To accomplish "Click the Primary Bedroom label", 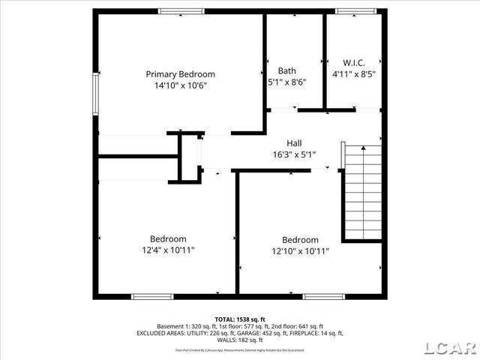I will point(180,74).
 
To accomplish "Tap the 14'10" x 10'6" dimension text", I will point(180,85).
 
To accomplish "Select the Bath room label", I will point(286,71).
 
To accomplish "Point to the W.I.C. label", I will point(354,63).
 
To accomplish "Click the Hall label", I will point(294,143).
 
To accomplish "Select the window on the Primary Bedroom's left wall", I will point(95,94).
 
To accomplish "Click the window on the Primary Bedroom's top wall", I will point(181,11).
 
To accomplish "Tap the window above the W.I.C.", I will point(356,11).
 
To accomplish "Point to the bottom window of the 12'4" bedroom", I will point(153,296).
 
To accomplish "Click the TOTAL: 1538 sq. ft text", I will point(240,319).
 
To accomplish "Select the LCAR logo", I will point(449,347).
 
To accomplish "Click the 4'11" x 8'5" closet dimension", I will point(354,74).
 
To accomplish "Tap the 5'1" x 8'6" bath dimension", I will point(286,82).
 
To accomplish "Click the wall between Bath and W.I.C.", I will point(324,60).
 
